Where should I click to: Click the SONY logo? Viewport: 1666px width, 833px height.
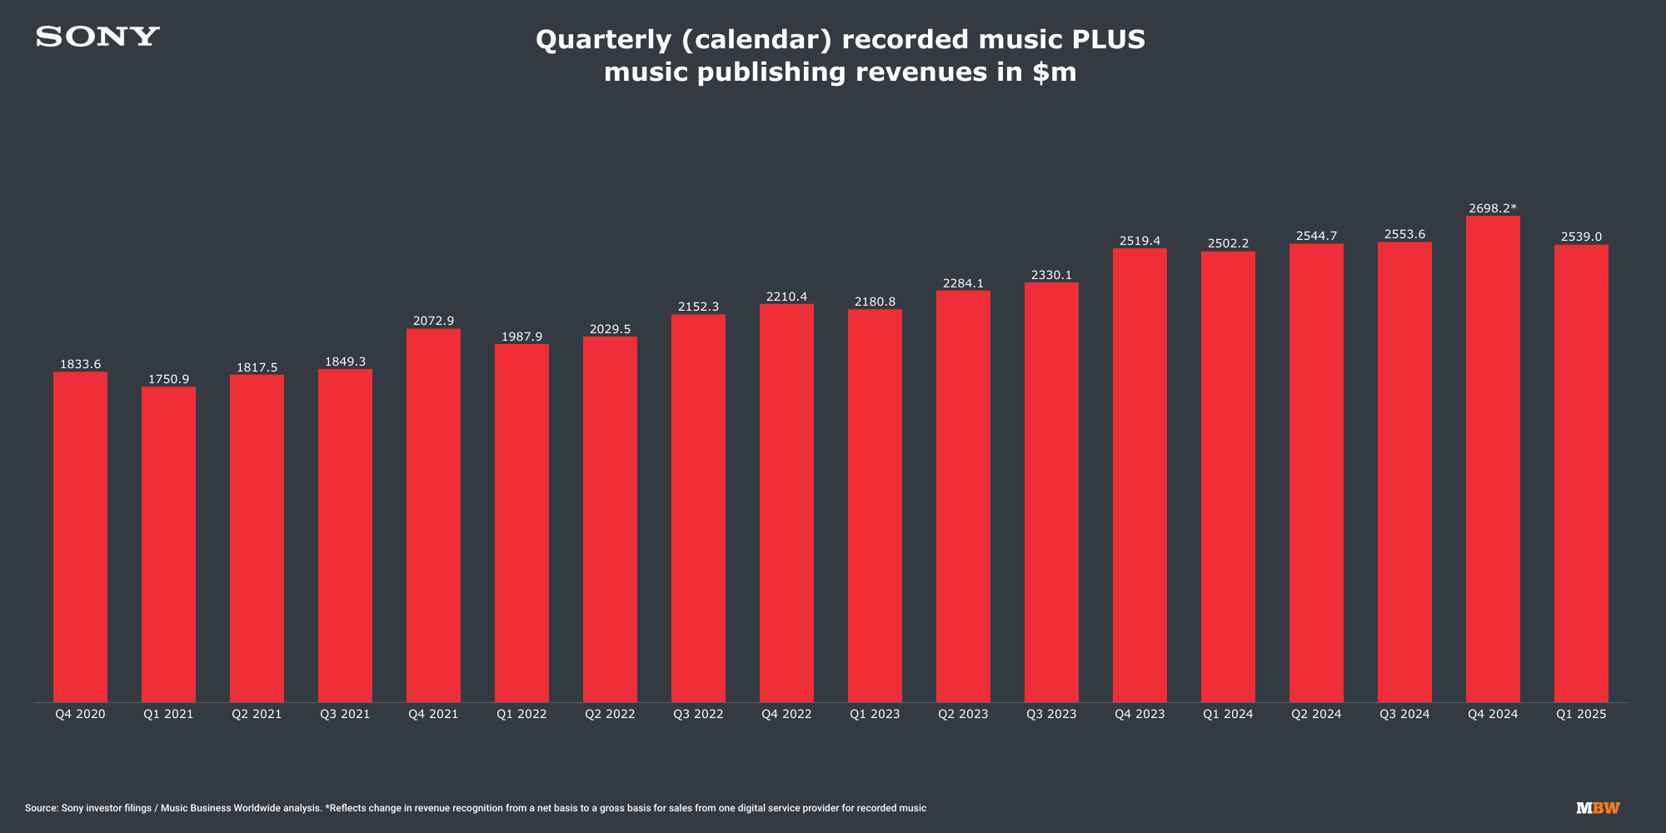click(97, 37)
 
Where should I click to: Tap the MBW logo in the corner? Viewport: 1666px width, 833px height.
click(1598, 808)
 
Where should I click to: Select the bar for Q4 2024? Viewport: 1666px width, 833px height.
click(1493, 459)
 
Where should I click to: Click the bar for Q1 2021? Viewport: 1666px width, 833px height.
click(168, 545)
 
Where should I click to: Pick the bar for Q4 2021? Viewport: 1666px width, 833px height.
click(433, 516)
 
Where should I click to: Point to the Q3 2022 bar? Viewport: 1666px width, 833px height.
click(698, 508)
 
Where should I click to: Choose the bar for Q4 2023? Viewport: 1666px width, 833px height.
click(1140, 476)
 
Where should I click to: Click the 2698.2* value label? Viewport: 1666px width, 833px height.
click(1493, 208)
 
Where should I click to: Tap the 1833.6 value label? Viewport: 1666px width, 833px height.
click(80, 364)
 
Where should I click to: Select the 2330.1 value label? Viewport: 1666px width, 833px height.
click(1051, 275)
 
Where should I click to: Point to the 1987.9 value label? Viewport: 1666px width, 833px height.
click(521, 337)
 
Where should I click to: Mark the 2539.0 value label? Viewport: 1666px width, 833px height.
click(1581, 237)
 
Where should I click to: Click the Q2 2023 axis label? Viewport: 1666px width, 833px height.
click(963, 714)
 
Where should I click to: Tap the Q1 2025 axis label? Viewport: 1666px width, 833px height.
click(1581, 714)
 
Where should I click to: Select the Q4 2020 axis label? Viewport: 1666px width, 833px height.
click(80, 714)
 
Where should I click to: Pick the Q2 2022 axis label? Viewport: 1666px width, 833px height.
click(610, 714)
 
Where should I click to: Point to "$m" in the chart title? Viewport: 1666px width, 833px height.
click(1054, 72)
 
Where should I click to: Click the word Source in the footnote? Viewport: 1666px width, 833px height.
click(40, 808)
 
